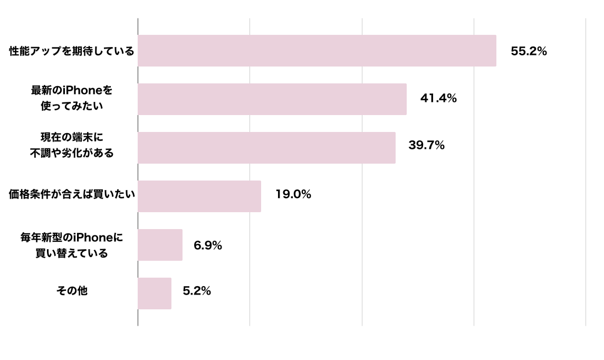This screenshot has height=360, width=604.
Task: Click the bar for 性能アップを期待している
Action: pos(317,51)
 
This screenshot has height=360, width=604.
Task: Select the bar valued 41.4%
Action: pos(272,99)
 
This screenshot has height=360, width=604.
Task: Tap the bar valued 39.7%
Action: pos(266,148)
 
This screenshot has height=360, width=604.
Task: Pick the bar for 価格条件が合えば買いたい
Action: pos(199,196)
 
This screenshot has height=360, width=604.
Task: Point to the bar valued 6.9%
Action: pos(160,245)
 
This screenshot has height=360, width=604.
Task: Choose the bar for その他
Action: pos(155,293)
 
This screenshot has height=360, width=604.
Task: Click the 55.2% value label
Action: pos(529,51)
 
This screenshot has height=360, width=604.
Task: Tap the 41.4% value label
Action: pos(438,98)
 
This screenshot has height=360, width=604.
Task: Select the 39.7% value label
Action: pos(426,145)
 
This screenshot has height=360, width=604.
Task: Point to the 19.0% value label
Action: pos(293,194)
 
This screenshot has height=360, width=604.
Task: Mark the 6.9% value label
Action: pos(208,245)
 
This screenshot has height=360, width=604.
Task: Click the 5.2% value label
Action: pos(197,291)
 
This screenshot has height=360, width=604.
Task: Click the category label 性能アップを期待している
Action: pos(72,51)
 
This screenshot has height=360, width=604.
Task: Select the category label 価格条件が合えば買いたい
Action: pos(72,194)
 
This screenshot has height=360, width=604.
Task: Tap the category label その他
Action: pos(72,291)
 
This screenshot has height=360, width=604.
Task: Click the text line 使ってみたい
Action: pos(72,106)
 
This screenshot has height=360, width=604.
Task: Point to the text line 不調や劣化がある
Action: pos(72,154)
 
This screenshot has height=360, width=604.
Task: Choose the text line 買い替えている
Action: pos(72,253)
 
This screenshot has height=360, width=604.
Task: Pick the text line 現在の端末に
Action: pos(72,137)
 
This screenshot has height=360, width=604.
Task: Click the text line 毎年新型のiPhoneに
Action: pos(72,238)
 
